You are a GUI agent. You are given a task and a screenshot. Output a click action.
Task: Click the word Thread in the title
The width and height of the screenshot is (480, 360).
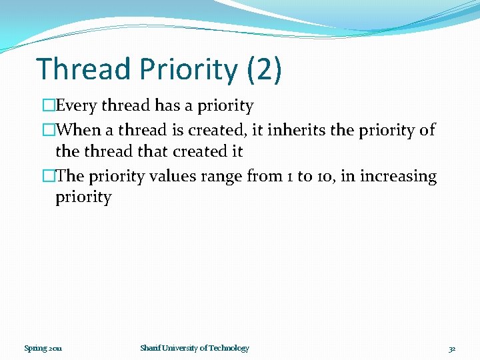tap(83, 69)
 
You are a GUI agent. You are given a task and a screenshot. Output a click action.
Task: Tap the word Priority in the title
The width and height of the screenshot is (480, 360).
tap(189, 71)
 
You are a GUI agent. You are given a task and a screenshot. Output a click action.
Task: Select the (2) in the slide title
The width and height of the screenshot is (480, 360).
tap(264, 70)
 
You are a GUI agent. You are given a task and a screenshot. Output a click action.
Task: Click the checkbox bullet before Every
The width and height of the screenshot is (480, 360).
tap(49, 105)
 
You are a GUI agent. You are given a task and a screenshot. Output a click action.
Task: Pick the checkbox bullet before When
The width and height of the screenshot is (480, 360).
tap(49, 129)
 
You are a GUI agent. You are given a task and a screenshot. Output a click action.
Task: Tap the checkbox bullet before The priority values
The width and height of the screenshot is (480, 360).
tap(49, 176)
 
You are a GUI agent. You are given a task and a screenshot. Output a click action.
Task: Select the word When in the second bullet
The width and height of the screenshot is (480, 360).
tap(79, 129)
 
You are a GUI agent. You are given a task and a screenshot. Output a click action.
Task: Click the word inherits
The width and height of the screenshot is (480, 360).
tap(296, 129)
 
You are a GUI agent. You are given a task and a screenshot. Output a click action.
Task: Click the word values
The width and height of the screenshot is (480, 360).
tap(173, 176)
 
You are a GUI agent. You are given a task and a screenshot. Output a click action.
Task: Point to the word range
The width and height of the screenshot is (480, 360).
tap(221, 177)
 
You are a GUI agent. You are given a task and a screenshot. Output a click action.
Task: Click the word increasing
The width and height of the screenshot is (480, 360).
tap(398, 177)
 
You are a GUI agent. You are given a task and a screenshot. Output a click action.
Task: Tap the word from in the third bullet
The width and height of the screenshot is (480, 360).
tap(265, 175)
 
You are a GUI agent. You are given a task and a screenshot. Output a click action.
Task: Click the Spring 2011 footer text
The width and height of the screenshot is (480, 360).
tap(43, 349)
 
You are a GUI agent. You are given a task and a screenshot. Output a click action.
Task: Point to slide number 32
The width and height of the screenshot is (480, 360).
tap(452, 349)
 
